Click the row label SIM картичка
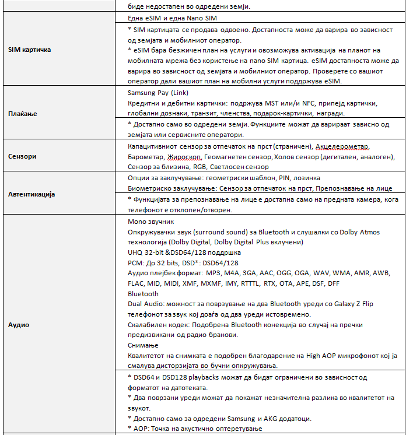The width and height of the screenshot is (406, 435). (29, 50)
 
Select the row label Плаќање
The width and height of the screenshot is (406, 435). (23, 114)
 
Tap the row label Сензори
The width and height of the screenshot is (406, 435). (22, 156)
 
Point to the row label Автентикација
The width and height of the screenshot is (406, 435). (32, 194)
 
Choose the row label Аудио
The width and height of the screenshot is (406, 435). (18, 324)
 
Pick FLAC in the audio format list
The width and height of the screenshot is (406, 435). (136, 283)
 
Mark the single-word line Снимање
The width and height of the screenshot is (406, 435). (143, 345)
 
